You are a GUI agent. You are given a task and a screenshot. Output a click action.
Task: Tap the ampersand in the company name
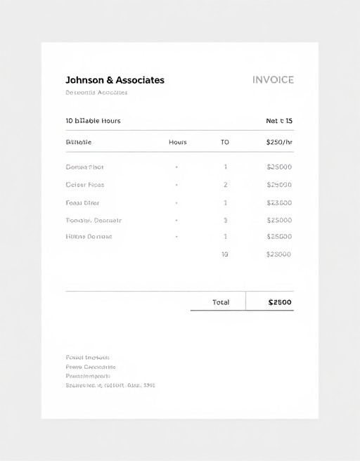pyautogui.click(x=109, y=80)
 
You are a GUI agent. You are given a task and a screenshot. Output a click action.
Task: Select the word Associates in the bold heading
pyautogui.click(x=140, y=80)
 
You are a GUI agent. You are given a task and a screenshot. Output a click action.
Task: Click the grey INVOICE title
pyautogui.click(x=273, y=80)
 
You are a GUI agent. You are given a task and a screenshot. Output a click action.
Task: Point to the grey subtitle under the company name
pyautogui.click(x=96, y=93)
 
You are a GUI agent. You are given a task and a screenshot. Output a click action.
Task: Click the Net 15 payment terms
pyautogui.click(x=279, y=121)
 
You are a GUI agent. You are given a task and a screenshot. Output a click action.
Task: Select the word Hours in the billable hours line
pyautogui.click(x=111, y=121)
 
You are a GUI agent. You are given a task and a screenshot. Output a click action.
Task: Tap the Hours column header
pyautogui.click(x=178, y=142)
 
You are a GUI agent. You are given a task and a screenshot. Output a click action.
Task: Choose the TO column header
pyautogui.click(x=225, y=142)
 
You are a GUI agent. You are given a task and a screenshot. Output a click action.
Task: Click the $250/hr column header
pyautogui.click(x=279, y=142)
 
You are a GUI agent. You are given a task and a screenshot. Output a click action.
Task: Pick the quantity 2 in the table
pyautogui.click(x=225, y=185)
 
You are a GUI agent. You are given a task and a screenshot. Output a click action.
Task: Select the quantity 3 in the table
pyautogui.click(x=225, y=220)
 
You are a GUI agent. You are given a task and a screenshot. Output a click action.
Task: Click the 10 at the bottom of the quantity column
pyautogui.click(x=225, y=254)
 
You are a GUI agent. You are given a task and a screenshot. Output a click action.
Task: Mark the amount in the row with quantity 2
pyautogui.click(x=279, y=185)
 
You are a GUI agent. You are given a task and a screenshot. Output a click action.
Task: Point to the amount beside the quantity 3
pyautogui.click(x=279, y=220)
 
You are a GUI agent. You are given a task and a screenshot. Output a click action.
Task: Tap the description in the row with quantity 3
pyautogui.click(x=94, y=220)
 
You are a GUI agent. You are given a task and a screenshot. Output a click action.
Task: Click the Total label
pyautogui.click(x=221, y=302)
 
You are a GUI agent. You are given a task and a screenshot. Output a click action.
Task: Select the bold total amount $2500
pyautogui.click(x=280, y=302)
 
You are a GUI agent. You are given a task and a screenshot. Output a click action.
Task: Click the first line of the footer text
pyautogui.click(x=87, y=358)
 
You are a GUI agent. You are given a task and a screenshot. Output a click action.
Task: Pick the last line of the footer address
pyautogui.click(x=110, y=385)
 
